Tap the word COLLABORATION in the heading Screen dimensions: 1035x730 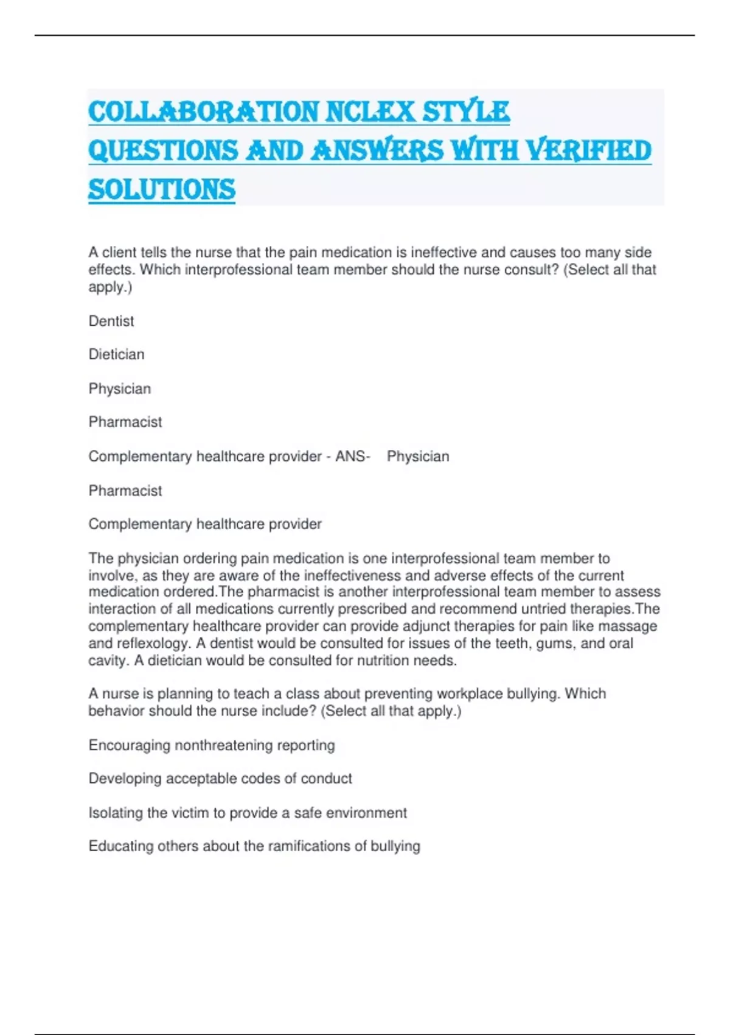(204, 112)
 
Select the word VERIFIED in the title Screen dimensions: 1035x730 (588, 151)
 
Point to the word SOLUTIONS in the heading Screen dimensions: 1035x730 (162, 189)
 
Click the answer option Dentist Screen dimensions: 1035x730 (111, 321)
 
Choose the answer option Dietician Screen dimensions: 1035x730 (116, 354)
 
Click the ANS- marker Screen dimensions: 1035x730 (353, 456)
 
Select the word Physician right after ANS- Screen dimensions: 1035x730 (418, 456)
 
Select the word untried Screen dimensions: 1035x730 (543, 609)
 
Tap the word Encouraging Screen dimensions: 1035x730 (129, 745)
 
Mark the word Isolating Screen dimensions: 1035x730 (116, 813)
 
